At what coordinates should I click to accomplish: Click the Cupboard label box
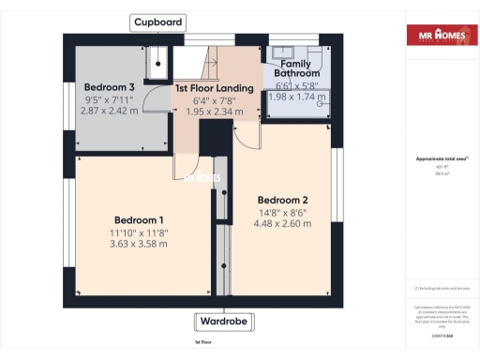[158, 22]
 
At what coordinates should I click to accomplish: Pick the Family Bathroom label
[296, 67]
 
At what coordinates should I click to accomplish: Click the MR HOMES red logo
[438, 36]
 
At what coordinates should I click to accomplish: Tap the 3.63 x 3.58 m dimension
[138, 244]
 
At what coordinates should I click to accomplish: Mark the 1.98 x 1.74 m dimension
[296, 97]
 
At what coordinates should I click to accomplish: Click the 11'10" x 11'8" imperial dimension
[138, 232]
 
